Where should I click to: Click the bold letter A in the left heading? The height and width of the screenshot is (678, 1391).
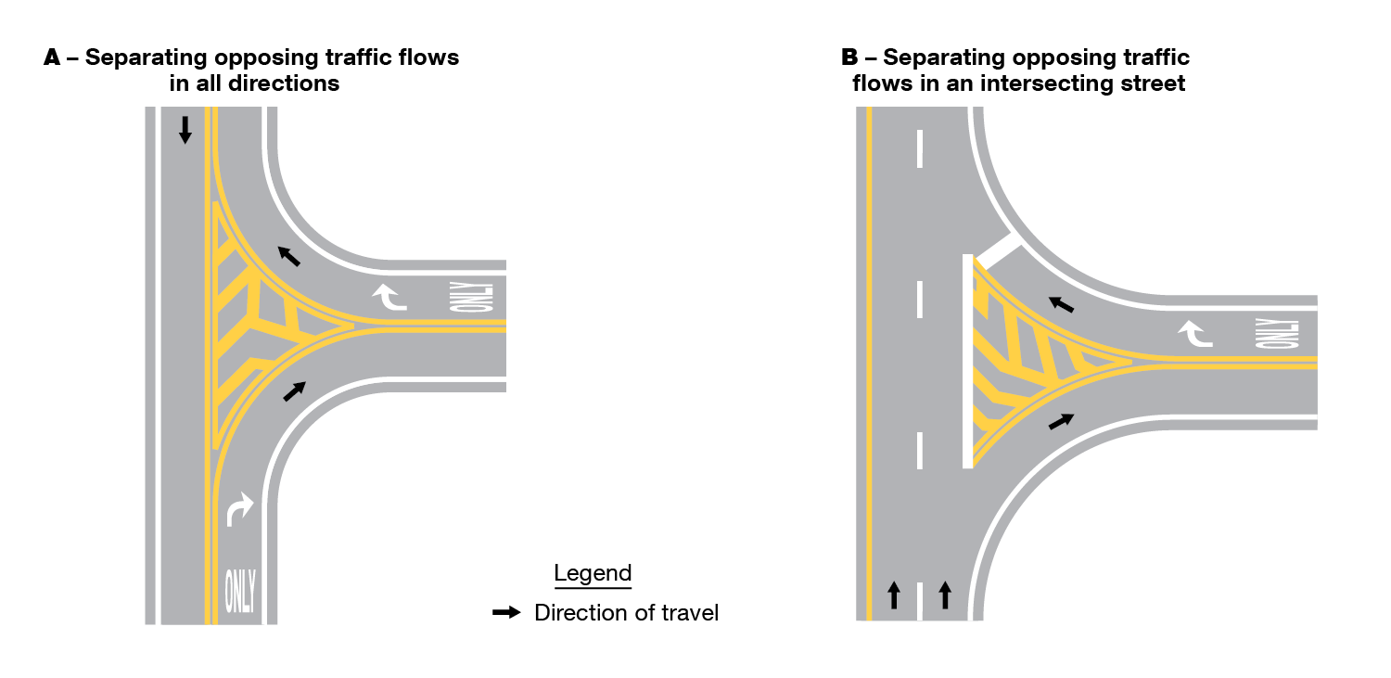pos(52,58)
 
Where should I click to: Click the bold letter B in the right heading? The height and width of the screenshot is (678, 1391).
pos(849,58)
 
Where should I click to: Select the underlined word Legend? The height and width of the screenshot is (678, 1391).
pos(593,573)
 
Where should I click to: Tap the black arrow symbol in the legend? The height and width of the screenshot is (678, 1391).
pos(505,613)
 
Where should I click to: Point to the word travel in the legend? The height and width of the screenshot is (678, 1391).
pos(687,613)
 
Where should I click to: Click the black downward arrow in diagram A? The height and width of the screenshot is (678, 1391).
pos(185,129)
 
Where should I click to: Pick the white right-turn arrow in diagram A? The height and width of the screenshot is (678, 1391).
pos(240,509)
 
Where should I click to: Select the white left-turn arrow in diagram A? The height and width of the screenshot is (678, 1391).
pos(389,297)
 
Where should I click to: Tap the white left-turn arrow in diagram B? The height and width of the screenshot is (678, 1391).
pos(1195,333)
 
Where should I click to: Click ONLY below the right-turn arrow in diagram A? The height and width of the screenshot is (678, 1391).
pos(240,590)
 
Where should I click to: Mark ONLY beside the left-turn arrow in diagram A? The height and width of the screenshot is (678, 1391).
pos(483,297)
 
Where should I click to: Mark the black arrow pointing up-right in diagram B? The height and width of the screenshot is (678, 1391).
pos(1062,421)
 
